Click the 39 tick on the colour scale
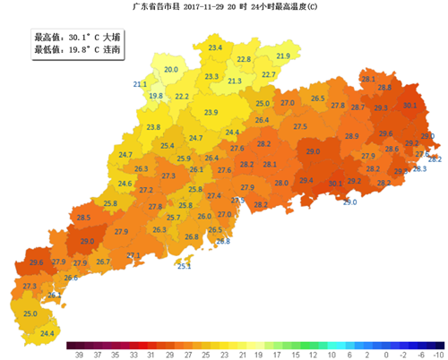[x=81, y=355]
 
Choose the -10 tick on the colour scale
[x=437, y=355]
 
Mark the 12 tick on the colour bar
[x=308, y=355]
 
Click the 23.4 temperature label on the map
[x=215, y=47]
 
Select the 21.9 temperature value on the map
[x=283, y=56]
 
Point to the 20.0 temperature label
[x=170, y=69]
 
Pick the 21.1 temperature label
[x=140, y=84]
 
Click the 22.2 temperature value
[x=182, y=96]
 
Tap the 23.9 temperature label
[x=211, y=112]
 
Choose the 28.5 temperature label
[x=83, y=218]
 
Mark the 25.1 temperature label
[x=184, y=266]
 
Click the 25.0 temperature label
[x=30, y=313]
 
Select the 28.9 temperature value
[x=351, y=136]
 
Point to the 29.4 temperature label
[x=306, y=181]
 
